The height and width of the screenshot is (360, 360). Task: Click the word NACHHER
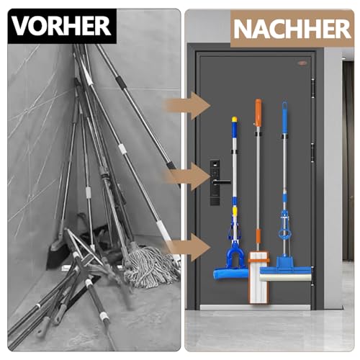292,29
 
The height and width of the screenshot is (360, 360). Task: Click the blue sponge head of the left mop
232,273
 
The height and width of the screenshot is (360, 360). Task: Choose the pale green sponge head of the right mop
284,274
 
